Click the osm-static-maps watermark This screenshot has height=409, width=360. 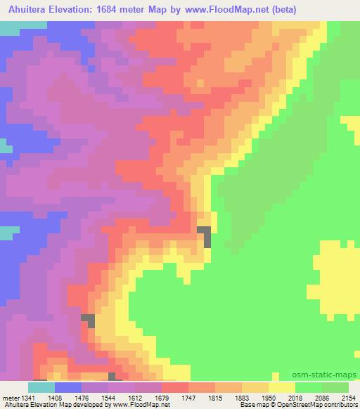(329, 375)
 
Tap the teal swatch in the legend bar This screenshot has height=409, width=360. (41, 387)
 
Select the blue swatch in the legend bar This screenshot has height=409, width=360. (67, 387)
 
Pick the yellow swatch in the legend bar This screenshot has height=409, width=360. (281, 387)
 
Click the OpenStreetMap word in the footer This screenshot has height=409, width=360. (288, 405)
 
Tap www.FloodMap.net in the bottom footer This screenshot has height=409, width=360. (144, 405)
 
